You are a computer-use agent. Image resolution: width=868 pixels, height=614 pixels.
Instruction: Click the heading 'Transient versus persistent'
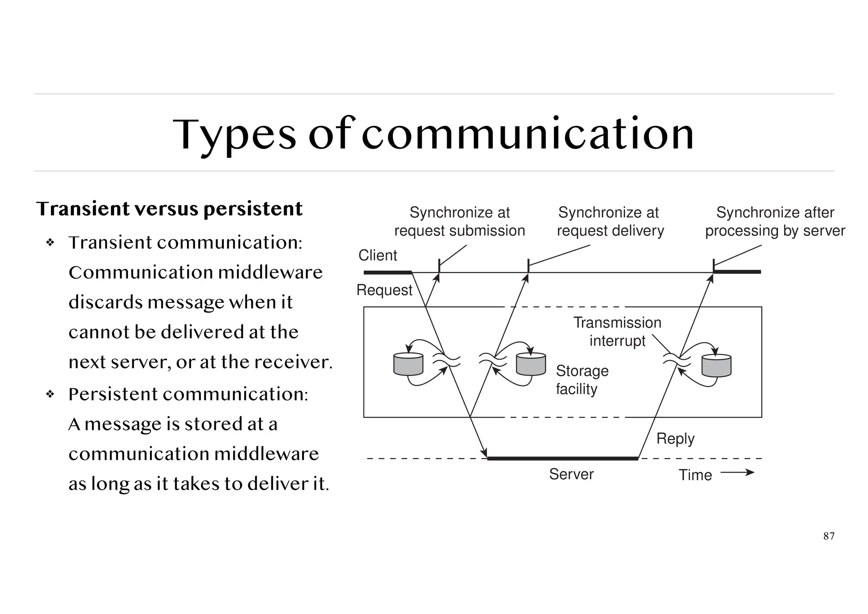pyautogui.click(x=169, y=209)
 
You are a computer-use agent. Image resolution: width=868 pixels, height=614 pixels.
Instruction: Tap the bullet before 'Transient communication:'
pyautogui.click(x=50, y=243)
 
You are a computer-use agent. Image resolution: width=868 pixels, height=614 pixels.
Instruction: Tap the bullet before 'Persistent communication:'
pyautogui.click(x=50, y=394)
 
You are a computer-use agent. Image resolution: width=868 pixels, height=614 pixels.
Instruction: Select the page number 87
pyautogui.click(x=829, y=536)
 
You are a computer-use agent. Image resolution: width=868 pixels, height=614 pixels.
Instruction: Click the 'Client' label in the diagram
pyautogui.click(x=378, y=255)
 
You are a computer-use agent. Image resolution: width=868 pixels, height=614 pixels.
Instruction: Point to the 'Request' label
pyautogui.click(x=384, y=290)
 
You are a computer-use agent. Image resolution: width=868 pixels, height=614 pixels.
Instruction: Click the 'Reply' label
pyautogui.click(x=675, y=438)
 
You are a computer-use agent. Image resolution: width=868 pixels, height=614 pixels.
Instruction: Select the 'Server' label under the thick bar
pyautogui.click(x=571, y=474)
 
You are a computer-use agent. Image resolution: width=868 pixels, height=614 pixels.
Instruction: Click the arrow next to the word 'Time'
pyautogui.click(x=737, y=472)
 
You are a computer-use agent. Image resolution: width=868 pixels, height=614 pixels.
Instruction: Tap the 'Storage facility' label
pyautogui.click(x=581, y=380)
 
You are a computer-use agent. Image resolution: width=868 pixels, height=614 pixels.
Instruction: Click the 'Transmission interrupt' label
pyautogui.click(x=617, y=332)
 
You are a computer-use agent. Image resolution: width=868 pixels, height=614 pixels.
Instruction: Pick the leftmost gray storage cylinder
pyautogui.click(x=408, y=365)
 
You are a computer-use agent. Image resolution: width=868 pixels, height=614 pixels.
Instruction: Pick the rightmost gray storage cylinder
pyautogui.click(x=716, y=366)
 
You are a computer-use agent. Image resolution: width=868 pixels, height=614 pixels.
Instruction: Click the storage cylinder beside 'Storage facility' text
pyautogui.click(x=531, y=365)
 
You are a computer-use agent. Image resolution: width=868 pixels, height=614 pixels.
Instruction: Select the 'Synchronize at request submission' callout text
pyautogui.click(x=459, y=222)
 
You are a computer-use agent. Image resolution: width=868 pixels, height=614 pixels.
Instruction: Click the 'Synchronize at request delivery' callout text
pyautogui.click(x=610, y=222)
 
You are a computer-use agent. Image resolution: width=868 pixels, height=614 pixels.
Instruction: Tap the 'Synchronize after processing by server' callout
pyautogui.click(x=775, y=222)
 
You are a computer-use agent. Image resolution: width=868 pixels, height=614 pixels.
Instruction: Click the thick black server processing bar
pyautogui.click(x=562, y=458)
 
